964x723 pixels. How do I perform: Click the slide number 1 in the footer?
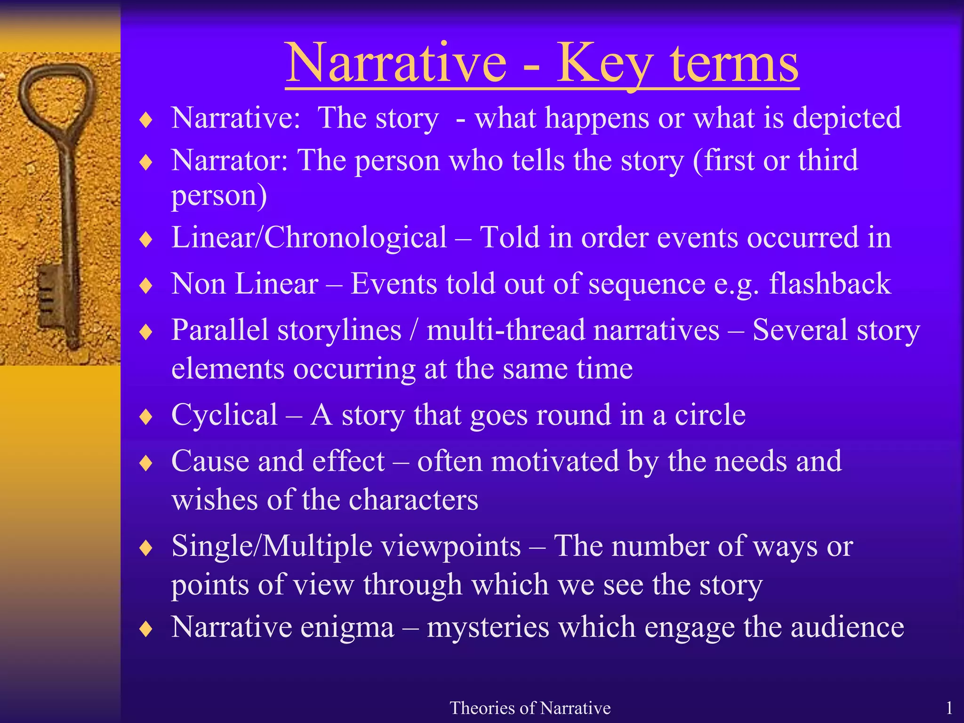(x=949, y=708)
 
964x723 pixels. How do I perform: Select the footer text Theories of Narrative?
(x=530, y=708)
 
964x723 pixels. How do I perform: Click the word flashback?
(x=830, y=283)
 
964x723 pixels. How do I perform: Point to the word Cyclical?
(x=225, y=415)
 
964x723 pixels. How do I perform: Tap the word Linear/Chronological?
(x=309, y=237)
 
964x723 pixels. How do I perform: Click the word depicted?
(x=847, y=118)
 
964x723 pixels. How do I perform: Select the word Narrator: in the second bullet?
(x=230, y=160)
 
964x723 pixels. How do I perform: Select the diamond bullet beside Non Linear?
(x=146, y=285)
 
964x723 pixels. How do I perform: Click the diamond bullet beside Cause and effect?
(x=146, y=463)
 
